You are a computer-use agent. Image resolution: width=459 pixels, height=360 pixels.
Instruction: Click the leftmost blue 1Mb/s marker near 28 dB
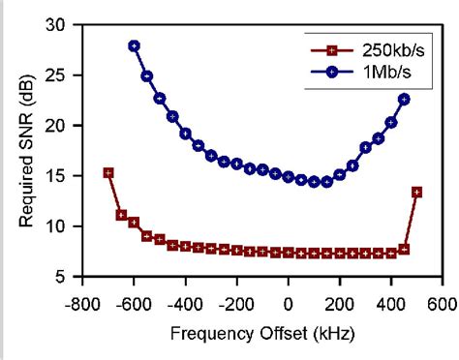tap(134, 45)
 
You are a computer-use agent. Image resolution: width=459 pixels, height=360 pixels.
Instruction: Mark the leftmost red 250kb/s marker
tap(108, 173)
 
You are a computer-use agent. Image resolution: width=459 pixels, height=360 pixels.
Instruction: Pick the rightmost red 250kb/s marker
tap(416, 192)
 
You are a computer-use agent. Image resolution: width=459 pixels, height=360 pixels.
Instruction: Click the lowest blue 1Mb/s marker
tap(314, 182)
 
